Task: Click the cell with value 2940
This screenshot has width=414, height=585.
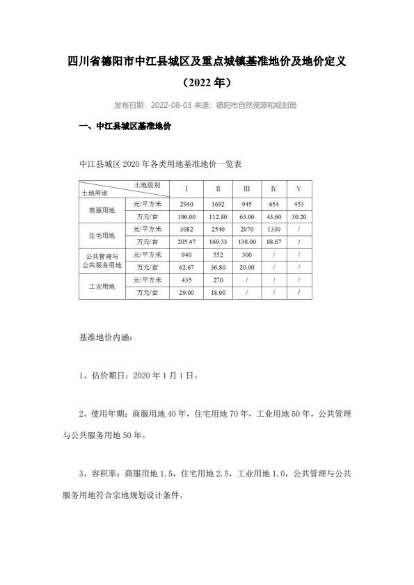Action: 185,204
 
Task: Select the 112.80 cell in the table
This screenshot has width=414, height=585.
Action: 218,216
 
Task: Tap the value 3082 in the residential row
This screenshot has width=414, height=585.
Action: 185,228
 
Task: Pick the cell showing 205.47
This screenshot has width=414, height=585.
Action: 185,241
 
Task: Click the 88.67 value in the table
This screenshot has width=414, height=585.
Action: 273,241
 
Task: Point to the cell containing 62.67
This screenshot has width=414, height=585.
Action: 185,266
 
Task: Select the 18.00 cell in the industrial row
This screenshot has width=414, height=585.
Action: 218,292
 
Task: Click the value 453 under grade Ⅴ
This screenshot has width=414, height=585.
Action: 298,204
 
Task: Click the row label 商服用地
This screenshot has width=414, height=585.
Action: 102,210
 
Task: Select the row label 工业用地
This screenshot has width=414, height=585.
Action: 102,286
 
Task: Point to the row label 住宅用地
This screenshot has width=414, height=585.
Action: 102,235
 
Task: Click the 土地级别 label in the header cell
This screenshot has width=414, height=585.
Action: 148,185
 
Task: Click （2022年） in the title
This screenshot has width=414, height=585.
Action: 207,83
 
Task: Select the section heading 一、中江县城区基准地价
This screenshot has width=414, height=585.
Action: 127,128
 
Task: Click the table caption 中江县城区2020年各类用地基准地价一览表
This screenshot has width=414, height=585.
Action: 161,165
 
